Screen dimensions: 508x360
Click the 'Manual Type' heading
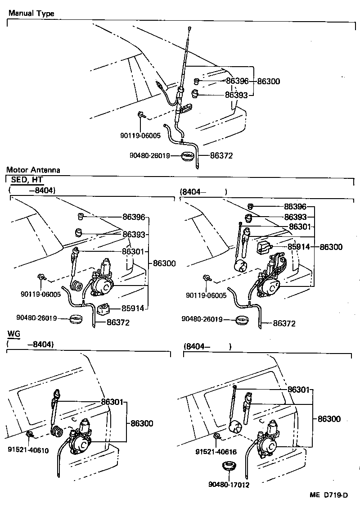tap(31, 14)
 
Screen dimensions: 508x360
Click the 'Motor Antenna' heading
tap(33, 170)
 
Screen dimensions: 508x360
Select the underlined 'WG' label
tap(13, 334)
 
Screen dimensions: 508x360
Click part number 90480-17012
tap(229, 485)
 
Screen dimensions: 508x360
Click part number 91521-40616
tap(216, 452)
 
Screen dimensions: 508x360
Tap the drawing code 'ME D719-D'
tap(329, 495)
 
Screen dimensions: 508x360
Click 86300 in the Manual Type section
tap(269, 82)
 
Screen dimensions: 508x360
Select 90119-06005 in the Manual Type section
tap(140, 135)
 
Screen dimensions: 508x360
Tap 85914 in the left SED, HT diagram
tap(133, 308)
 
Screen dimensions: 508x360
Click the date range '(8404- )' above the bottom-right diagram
tap(207, 346)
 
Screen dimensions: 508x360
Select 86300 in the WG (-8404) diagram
tap(142, 423)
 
